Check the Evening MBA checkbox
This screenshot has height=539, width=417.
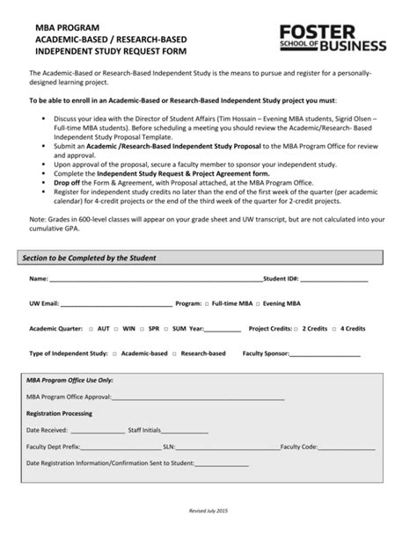258,302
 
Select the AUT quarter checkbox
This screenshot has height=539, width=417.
91,328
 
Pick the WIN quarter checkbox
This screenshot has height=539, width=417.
116,328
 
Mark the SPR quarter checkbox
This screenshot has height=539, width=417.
142,328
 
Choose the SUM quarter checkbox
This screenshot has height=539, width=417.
166,328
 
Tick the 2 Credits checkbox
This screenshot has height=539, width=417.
297,328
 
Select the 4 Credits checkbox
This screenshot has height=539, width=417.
334,328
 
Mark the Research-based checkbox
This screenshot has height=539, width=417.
174,353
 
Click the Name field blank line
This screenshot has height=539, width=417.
155,280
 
